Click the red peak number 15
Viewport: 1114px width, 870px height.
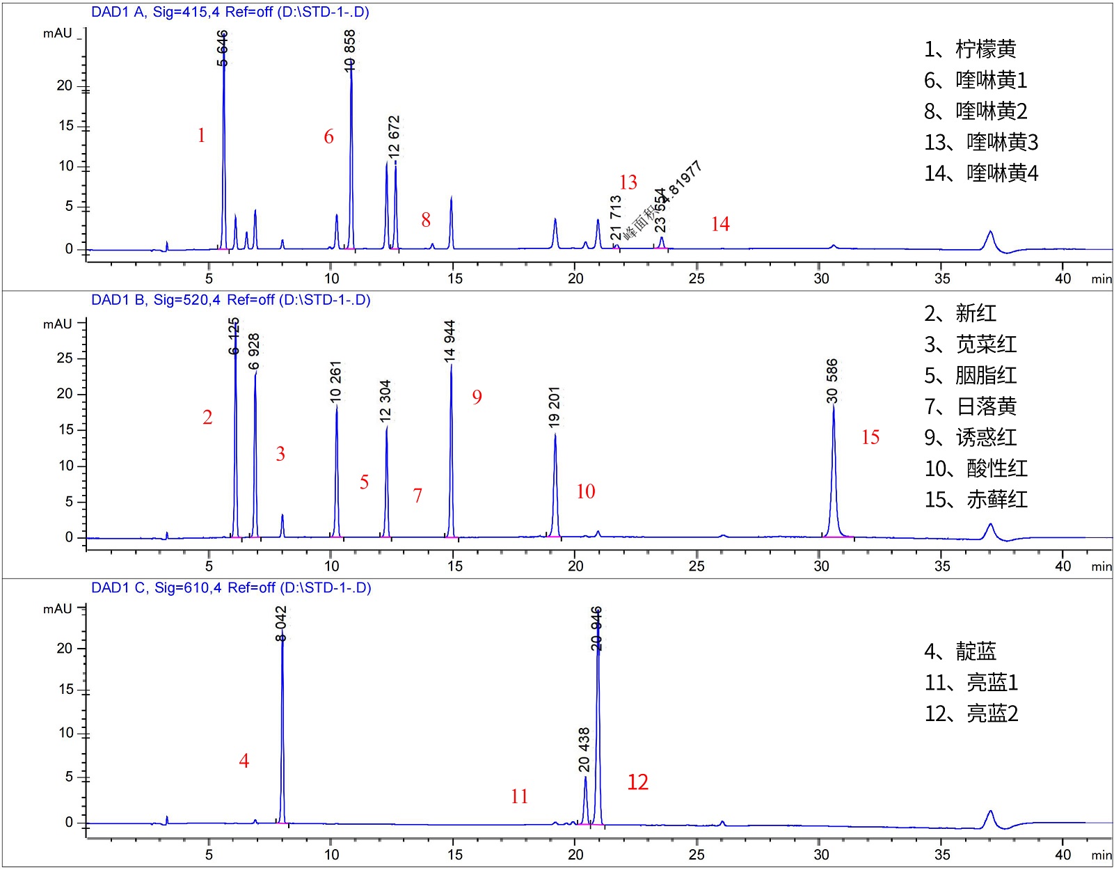pos(870,437)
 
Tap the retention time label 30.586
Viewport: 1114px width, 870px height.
pos(832,380)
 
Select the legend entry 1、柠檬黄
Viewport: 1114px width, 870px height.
pos(969,49)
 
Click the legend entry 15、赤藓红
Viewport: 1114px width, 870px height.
pos(976,499)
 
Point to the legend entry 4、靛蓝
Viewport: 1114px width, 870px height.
pos(960,651)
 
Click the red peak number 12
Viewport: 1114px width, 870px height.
pos(637,782)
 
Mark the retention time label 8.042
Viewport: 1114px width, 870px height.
pos(281,624)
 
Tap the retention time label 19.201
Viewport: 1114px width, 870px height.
pos(554,406)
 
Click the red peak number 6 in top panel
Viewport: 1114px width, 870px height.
pos(328,136)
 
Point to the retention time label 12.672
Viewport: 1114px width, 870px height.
pos(394,136)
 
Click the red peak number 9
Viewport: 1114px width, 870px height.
pos(477,397)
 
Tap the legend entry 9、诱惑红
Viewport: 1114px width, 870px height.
pos(970,437)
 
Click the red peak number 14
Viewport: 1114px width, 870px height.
pos(720,224)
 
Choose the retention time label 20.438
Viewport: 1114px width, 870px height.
pos(584,750)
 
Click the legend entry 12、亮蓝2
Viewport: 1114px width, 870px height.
pos(971,713)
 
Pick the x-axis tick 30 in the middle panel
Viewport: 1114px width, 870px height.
pos(821,565)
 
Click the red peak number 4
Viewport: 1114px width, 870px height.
pos(244,761)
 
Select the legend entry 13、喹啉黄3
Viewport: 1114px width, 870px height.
pos(980,142)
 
